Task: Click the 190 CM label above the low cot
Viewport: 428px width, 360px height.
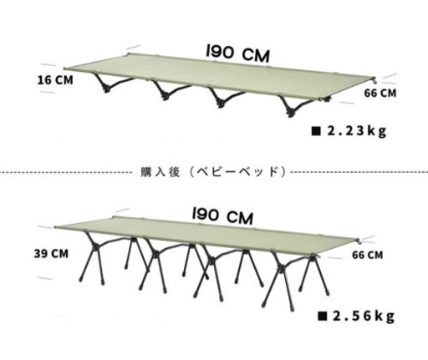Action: pyautogui.click(x=237, y=53)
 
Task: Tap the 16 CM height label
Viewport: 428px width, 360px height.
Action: pyautogui.click(x=55, y=80)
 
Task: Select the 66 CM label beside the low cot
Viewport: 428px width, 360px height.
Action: pyautogui.click(x=380, y=93)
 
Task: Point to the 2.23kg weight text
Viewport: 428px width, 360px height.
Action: pyautogui.click(x=357, y=131)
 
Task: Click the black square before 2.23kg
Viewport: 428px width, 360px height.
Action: pyautogui.click(x=316, y=131)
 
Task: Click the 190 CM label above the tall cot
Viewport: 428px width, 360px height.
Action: pyautogui.click(x=222, y=215)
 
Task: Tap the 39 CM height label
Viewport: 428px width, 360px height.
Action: pyautogui.click(x=51, y=254)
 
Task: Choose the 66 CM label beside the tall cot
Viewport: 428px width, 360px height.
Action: pyautogui.click(x=368, y=255)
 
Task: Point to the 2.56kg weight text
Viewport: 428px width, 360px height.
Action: pyautogui.click(x=364, y=316)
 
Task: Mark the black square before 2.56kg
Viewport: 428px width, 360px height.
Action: pyautogui.click(x=322, y=316)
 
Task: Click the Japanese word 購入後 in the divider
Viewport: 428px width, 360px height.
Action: pyautogui.click(x=160, y=172)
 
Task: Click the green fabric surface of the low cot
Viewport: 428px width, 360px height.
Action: pyautogui.click(x=220, y=77)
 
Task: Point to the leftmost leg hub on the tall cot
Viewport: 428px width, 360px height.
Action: pyautogui.click(x=95, y=247)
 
